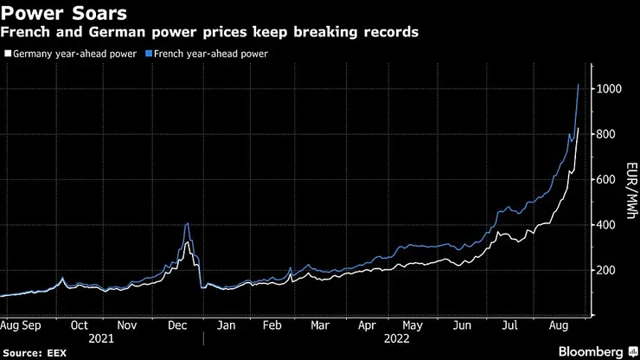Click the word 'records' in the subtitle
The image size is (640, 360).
click(x=389, y=32)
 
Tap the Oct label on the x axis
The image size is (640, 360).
click(x=80, y=326)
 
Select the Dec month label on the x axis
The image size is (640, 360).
click(x=176, y=326)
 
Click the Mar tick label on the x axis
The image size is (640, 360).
click(x=320, y=326)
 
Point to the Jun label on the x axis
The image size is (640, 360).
click(x=462, y=326)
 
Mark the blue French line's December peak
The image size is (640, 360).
click(x=188, y=224)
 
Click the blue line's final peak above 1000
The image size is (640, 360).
click(x=578, y=84)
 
